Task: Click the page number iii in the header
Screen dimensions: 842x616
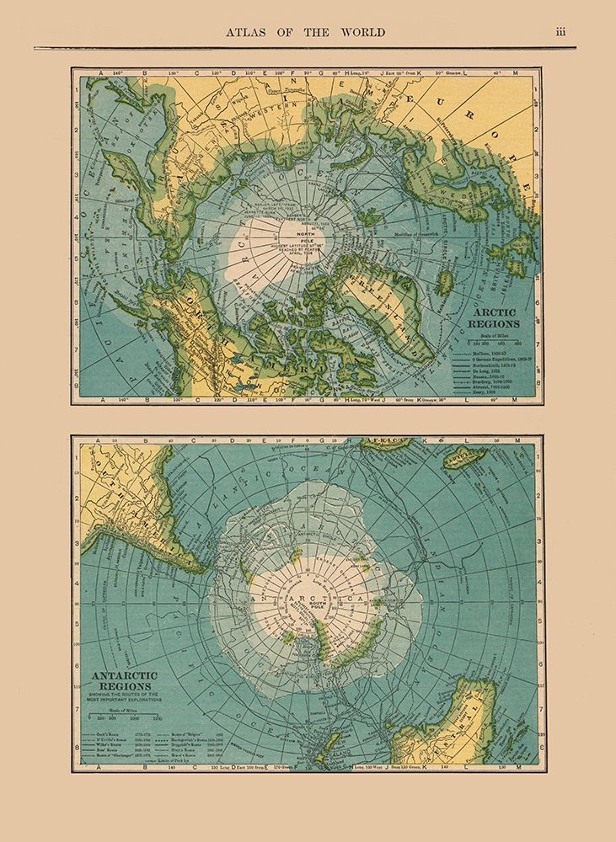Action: click(x=561, y=33)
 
